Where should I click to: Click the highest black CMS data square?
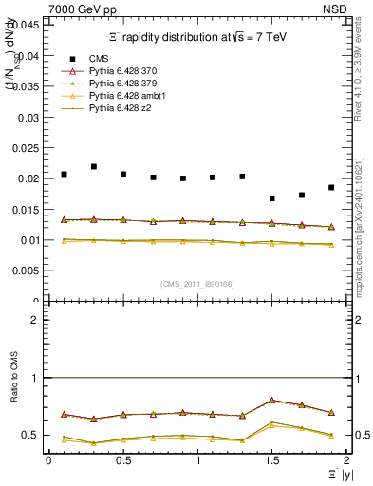(x=94, y=166)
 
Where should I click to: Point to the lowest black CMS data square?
(x=272, y=198)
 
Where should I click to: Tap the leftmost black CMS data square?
(x=64, y=174)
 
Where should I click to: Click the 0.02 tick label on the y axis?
(x=31, y=178)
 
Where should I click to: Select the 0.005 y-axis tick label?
(x=28, y=271)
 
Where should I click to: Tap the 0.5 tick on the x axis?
(x=123, y=461)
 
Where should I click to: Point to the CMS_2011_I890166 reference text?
(x=197, y=284)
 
